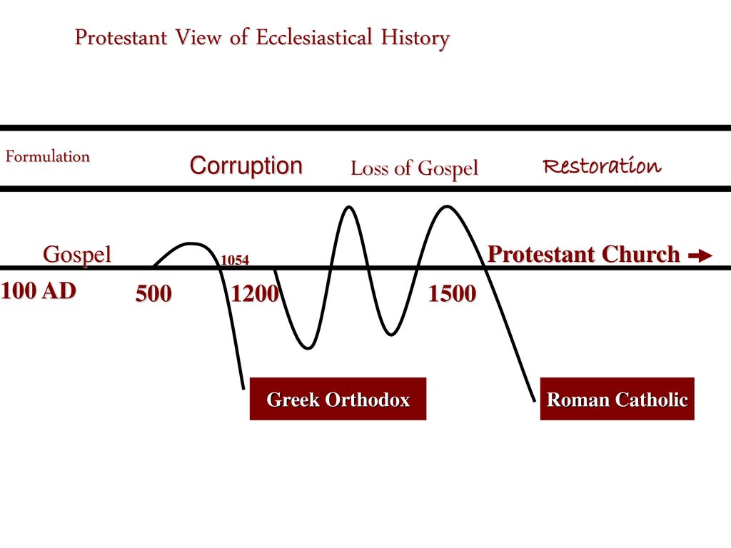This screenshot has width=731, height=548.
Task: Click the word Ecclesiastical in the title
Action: [x=314, y=37]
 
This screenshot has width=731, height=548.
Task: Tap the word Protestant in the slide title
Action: [x=121, y=37]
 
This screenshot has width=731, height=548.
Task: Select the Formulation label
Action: [x=48, y=156]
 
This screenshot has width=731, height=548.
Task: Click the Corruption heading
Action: [x=246, y=166]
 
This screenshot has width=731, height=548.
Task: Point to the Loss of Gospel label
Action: [x=415, y=168]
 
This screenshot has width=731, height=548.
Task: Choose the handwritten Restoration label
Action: [x=602, y=166]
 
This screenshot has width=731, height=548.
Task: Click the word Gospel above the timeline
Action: [x=77, y=255]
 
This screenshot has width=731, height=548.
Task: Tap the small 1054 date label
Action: [x=234, y=260]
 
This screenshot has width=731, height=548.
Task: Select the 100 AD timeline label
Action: [x=39, y=291]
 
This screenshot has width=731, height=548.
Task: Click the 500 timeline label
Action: [x=153, y=293]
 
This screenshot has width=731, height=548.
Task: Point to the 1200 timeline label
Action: [x=255, y=293]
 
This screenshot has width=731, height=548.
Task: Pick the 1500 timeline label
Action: [x=452, y=293]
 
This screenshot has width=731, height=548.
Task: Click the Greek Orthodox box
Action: [x=338, y=399]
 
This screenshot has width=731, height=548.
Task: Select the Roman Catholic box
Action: [x=617, y=399]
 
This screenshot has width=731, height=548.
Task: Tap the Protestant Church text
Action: [x=584, y=255]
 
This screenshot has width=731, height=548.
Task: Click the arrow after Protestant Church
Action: [x=700, y=255]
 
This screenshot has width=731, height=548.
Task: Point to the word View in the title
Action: [x=198, y=37]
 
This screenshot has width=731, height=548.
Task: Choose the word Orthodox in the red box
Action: [x=368, y=400]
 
